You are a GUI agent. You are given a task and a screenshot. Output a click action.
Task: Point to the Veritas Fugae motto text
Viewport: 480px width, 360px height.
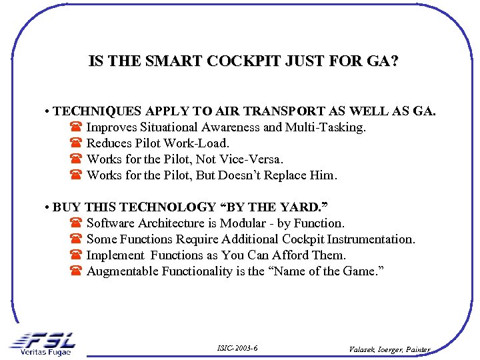[x=45, y=351]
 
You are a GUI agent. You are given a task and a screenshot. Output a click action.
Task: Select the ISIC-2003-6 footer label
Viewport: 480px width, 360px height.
[x=237, y=348]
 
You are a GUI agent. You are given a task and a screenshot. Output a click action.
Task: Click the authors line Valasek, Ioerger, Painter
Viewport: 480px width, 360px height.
[x=390, y=349]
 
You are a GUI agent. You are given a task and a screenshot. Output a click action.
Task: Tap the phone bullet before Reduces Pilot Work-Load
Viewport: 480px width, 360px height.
[x=75, y=143]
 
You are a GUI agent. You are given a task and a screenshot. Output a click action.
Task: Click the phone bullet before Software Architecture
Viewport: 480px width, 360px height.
[x=75, y=223]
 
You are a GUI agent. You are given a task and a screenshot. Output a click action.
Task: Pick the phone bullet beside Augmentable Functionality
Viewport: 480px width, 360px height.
[x=75, y=271]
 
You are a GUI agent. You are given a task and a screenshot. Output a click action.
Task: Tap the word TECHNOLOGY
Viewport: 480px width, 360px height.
[x=167, y=207]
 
